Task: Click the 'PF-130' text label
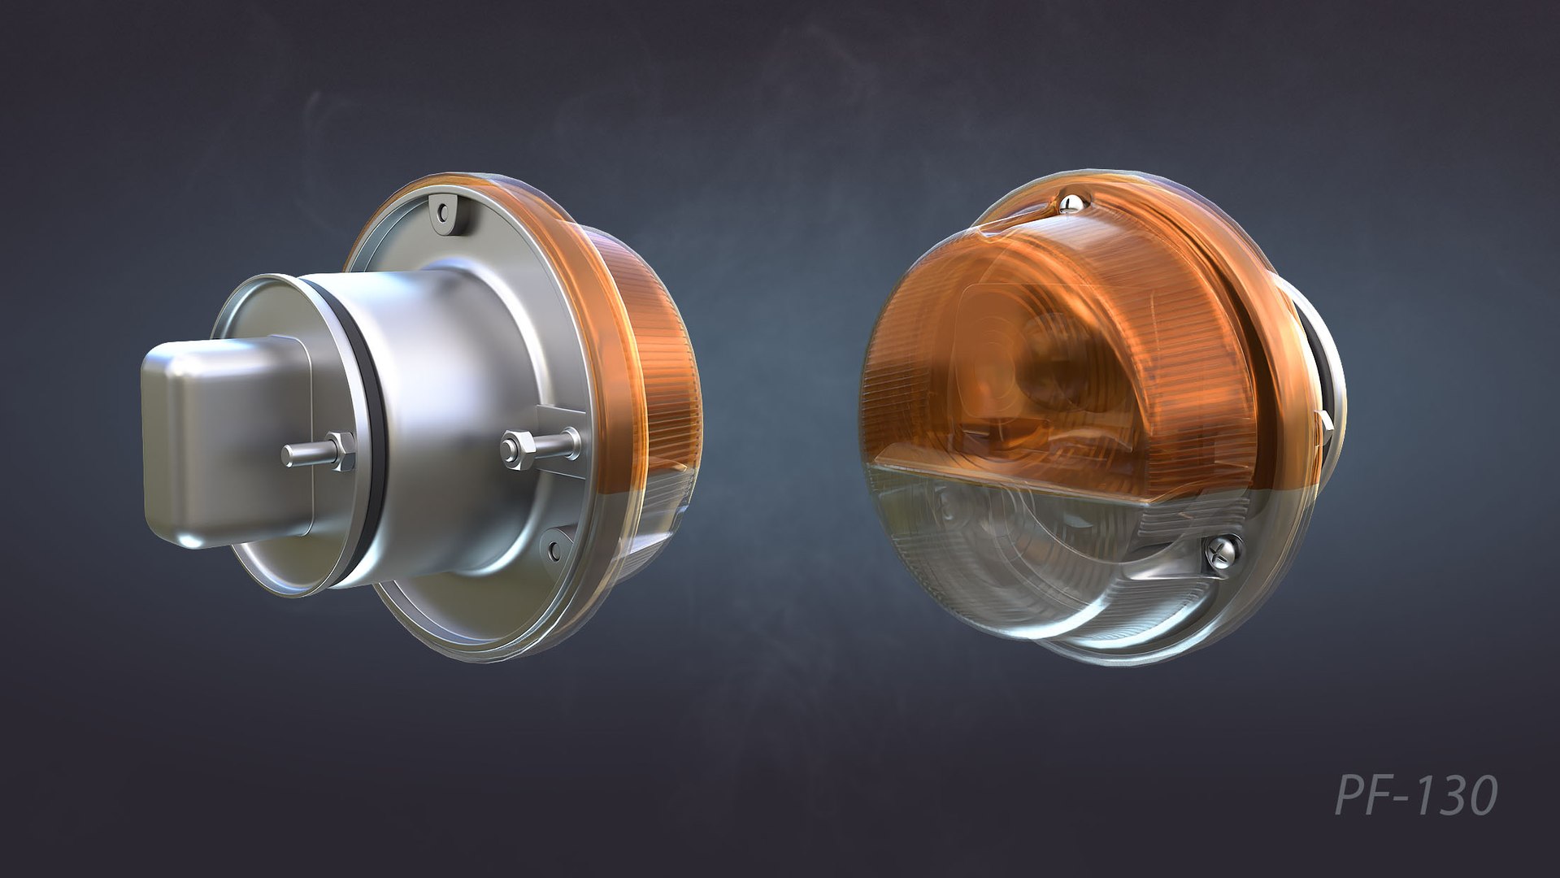(1416, 795)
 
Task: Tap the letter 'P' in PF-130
(1350, 795)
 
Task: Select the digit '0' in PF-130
(1478, 796)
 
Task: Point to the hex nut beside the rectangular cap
(341, 452)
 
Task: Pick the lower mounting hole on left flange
(554, 550)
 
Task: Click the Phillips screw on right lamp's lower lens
(1221, 552)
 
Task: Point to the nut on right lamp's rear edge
(1326, 427)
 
